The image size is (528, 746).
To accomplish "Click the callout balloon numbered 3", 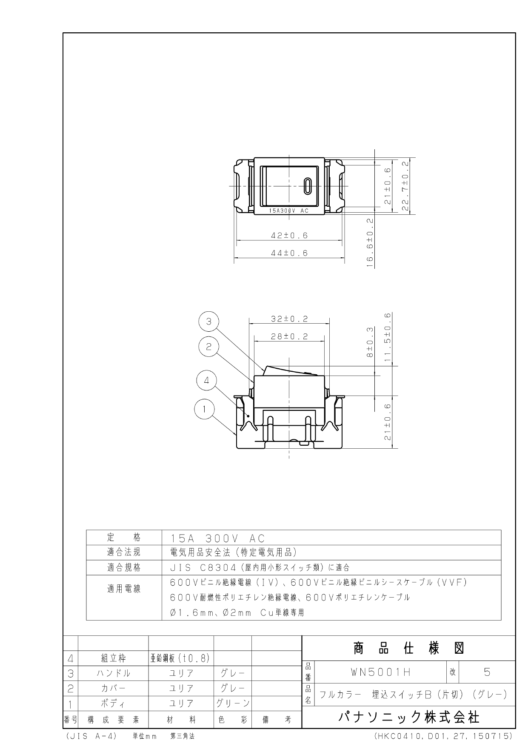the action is tap(208, 322).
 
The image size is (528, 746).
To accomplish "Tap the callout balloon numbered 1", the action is tap(204, 410).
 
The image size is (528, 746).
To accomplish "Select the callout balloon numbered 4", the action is tap(207, 381).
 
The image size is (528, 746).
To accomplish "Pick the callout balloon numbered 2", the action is tap(208, 347).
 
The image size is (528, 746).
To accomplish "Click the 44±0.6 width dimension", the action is tap(289, 253).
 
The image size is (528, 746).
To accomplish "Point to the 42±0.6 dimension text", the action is tap(289, 235).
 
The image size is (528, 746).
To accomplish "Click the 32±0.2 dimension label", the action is tap(289, 319).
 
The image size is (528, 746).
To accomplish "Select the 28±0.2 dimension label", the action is tap(289, 336).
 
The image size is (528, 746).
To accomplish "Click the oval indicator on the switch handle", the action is tap(308, 186).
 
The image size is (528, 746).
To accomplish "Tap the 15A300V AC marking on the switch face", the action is tap(289, 211).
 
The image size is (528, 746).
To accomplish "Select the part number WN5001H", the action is tap(380, 672).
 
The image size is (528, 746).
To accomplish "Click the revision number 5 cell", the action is tap(487, 672).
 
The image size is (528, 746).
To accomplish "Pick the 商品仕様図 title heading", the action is tap(408, 648).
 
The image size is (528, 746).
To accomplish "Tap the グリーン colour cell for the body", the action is tap(233, 703).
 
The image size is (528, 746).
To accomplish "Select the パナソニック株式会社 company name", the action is tap(408, 718).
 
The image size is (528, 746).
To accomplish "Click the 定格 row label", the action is tap(124, 537).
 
